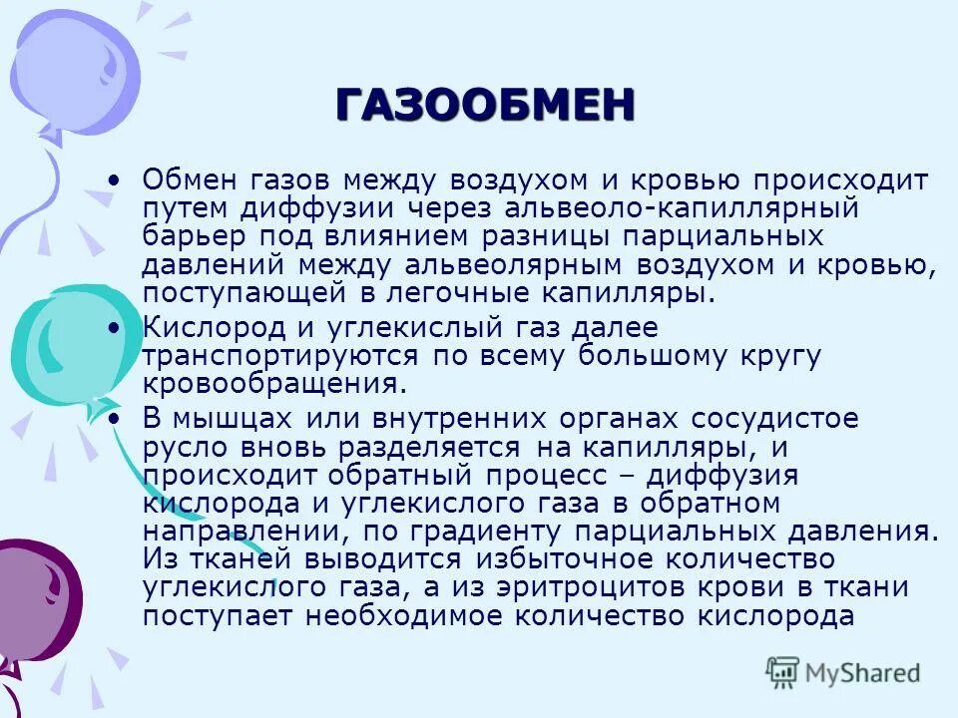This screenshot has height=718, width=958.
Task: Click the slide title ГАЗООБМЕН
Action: pos(484,104)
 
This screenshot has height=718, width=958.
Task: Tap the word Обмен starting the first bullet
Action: pos(195,182)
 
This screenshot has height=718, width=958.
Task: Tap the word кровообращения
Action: pos(274,384)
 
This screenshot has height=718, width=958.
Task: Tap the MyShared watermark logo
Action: pos(842,672)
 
